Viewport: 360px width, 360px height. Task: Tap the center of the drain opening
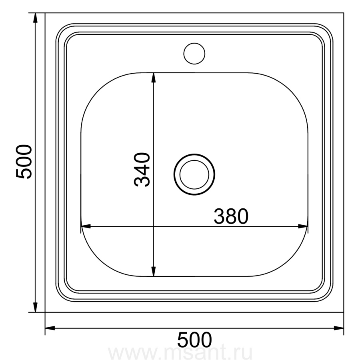coord(194,174)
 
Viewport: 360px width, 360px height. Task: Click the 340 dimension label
coord(142,170)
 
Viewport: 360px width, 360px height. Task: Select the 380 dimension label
coord(231,216)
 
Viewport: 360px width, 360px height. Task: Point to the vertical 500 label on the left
coord(24,162)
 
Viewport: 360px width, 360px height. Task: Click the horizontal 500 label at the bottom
coord(194,340)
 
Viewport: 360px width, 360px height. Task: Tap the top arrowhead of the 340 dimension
coord(154,77)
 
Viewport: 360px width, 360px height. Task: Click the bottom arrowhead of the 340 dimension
coord(154,271)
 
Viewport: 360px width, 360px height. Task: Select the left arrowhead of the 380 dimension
coord(86,226)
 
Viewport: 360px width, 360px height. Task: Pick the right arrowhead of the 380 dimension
coord(303,226)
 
